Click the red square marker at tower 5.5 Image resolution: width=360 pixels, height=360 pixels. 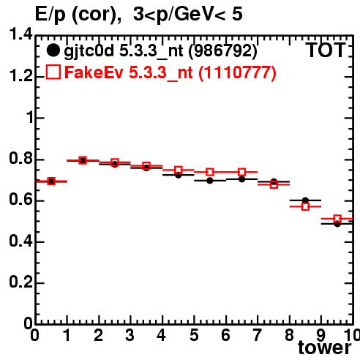(x=210, y=172)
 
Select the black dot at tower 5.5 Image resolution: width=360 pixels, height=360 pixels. (x=210, y=181)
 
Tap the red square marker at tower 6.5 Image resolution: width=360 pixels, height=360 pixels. (x=241, y=172)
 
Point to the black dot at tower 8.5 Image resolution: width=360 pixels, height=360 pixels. (x=305, y=200)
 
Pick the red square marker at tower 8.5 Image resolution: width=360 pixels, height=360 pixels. (x=305, y=206)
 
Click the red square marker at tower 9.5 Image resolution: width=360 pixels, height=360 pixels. (x=337, y=219)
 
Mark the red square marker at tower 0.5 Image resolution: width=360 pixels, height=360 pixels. (x=51, y=181)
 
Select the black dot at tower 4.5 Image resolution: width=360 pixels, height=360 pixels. (x=179, y=175)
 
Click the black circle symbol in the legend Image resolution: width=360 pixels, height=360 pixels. (x=53, y=50)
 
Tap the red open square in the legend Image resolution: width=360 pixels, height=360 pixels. (x=53, y=72)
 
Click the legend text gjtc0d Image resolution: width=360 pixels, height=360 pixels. (x=89, y=51)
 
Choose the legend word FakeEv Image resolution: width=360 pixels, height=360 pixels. (x=94, y=72)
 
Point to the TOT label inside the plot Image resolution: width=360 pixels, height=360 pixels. (x=325, y=50)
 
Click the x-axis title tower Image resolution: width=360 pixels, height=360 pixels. (x=325, y=348)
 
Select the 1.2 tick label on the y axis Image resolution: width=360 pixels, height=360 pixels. (x=20, y=76)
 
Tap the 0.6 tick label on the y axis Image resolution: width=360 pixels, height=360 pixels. (x=20, y=200)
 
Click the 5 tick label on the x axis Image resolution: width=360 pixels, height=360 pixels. (x=194, y=335)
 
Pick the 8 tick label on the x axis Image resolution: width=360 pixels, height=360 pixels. (x=289, y=335)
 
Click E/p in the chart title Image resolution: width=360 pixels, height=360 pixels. (x=50, y=15)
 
